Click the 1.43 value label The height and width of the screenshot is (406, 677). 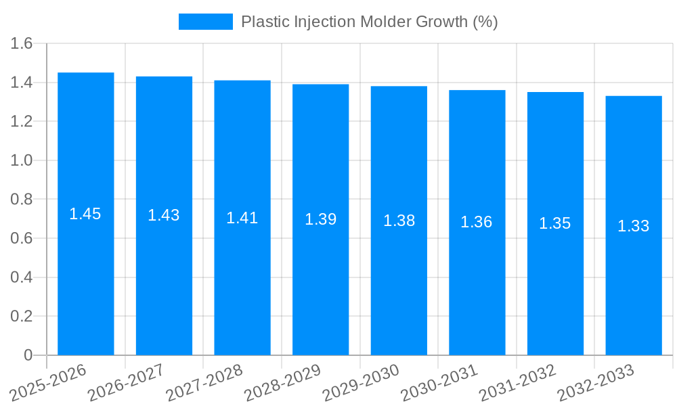click(164, 215)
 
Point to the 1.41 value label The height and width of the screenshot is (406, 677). click(242, 218)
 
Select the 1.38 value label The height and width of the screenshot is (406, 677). click(399, 221)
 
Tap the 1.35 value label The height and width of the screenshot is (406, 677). click(554, 223)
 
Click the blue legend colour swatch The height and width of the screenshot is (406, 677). click(205, 22)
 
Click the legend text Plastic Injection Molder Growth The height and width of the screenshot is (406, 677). click(369, 22)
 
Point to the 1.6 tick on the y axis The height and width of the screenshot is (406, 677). click(22, 44)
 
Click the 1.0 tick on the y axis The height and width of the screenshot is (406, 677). click(22, 160)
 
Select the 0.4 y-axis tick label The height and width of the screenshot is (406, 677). click(22, 277)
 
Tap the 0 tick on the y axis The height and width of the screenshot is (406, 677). click(28, 355)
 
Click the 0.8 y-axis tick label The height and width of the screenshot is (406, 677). click(22, 200)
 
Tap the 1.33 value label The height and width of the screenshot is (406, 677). click(633, 226)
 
